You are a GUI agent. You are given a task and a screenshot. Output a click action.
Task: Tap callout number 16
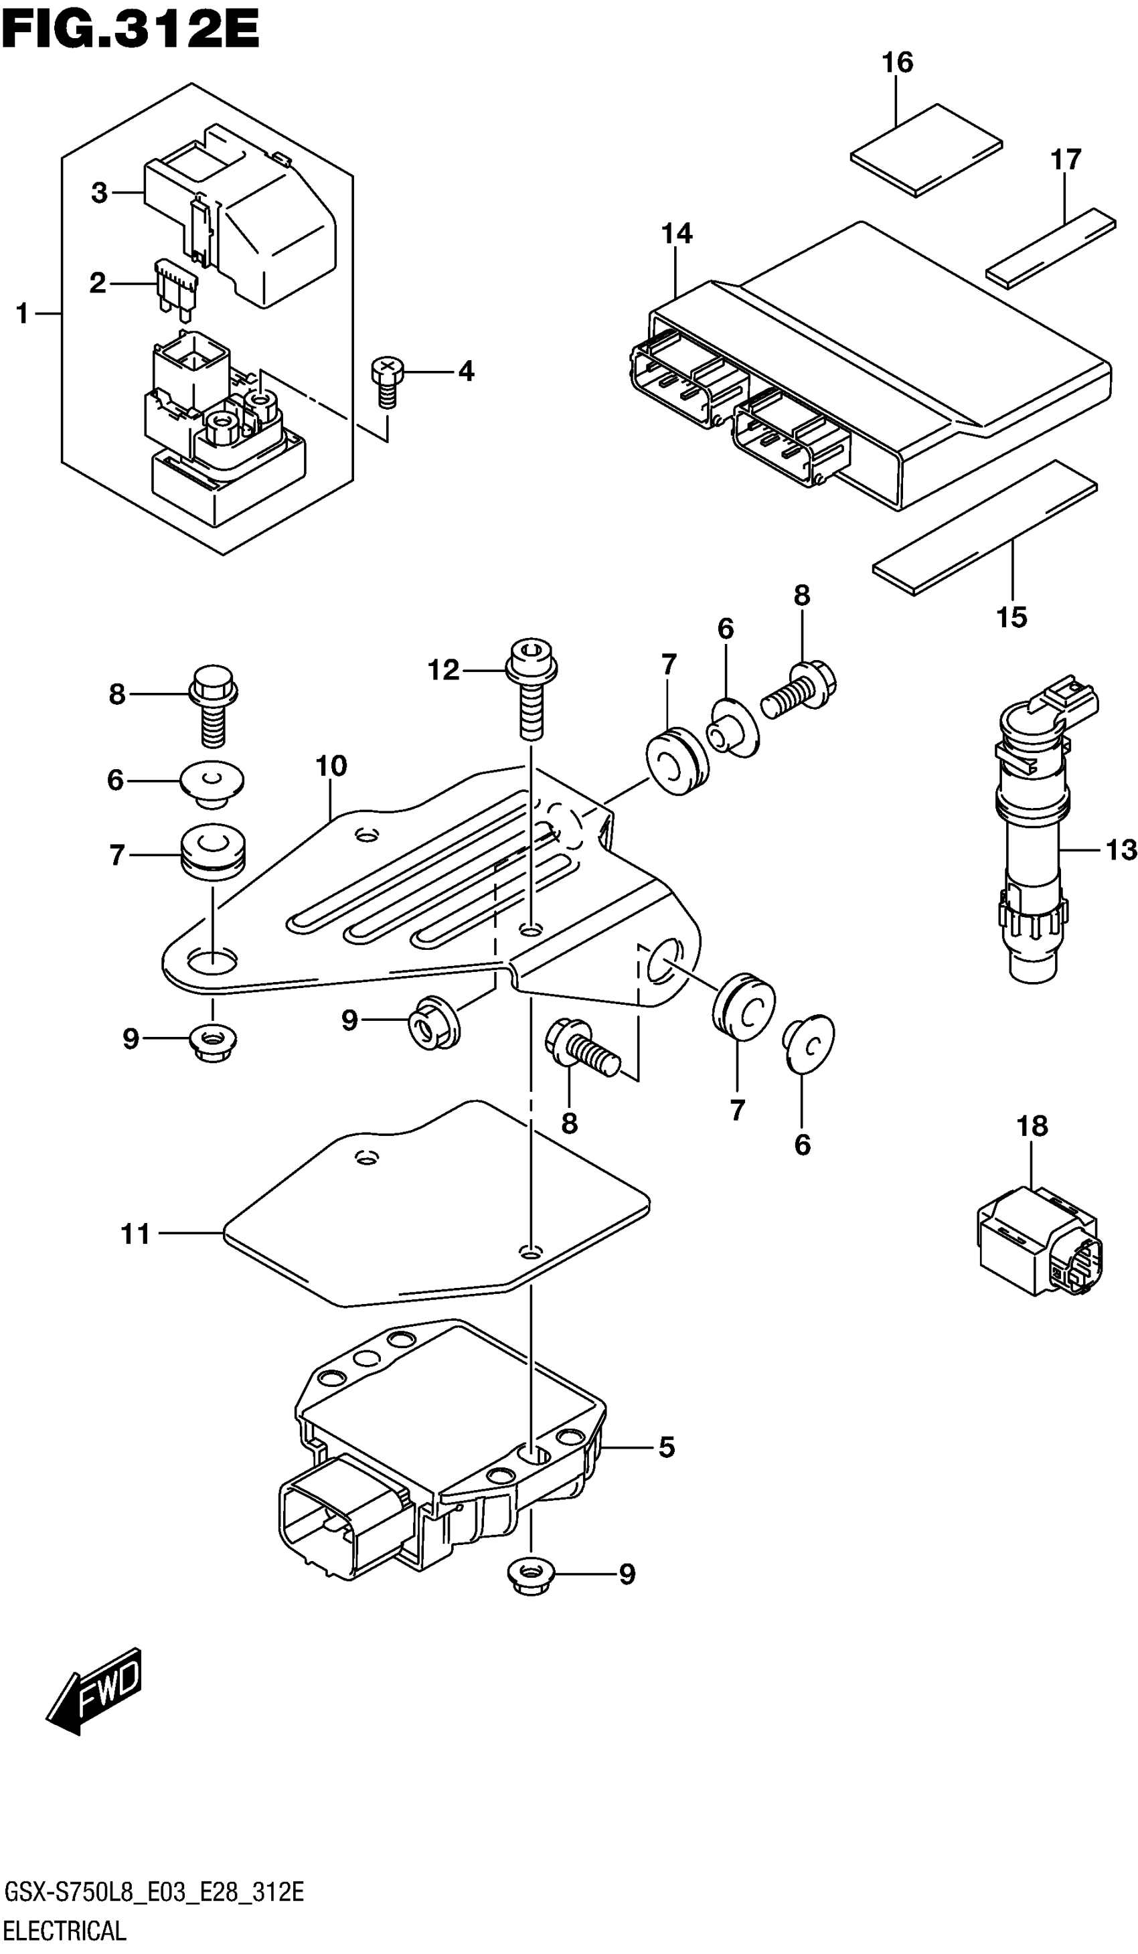tap(897, 63)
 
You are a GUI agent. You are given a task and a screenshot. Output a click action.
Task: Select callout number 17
tap(1065, 160)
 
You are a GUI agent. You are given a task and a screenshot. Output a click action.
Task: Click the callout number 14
tap(677, 234)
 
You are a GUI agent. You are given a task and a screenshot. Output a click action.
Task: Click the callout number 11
tap(135, 1234)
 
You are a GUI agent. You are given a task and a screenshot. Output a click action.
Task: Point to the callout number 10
tap(331, 766)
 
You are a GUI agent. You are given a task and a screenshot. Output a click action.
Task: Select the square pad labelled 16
tap(926, 149)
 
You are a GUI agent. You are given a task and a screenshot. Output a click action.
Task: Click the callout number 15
tap(1011, 617)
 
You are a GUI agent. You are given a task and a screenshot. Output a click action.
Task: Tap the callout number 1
tap(21, 314)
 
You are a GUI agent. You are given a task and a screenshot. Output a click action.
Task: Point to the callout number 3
tap(98, 192)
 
